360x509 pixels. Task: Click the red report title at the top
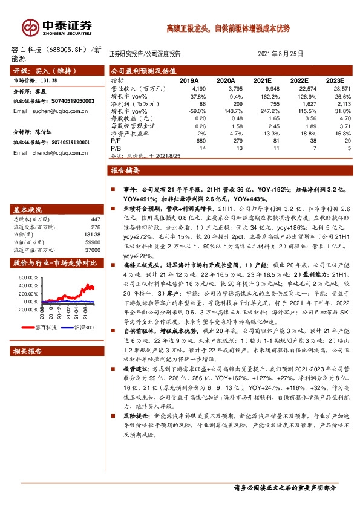point(228,28)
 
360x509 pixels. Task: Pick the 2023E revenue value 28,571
point(335,88)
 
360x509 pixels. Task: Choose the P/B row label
point(117,148)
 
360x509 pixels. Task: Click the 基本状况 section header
point(30,209)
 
